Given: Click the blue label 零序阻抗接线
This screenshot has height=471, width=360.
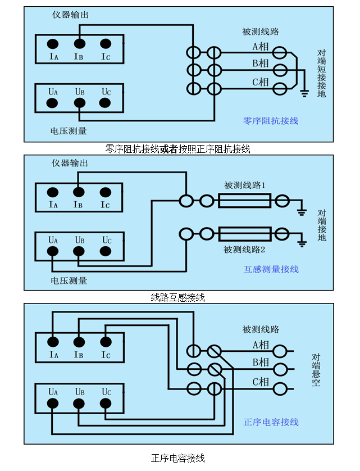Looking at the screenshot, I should pos(271,120).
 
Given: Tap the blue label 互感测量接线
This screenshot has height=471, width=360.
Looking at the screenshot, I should pos(271,269).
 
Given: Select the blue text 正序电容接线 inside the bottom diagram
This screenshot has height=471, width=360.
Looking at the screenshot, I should pos(271,422).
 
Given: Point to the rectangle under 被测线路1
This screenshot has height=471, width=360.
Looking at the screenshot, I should pos(244,200).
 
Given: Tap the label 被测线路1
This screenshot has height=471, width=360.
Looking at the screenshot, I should pos(244,185).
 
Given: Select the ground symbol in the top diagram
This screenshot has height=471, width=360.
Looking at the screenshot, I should pos(304,92).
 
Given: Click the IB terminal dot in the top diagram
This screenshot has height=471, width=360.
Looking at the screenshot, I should pos(79,44).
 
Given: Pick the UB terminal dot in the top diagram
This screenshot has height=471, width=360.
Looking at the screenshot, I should pos(79,103).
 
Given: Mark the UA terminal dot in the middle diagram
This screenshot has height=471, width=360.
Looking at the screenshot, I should pos(53,252).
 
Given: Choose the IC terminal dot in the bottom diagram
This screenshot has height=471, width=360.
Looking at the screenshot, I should pos(105,341).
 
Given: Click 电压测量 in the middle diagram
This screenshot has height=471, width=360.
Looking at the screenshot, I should pos(69,280).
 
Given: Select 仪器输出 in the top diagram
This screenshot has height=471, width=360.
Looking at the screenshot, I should pos(70,15).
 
